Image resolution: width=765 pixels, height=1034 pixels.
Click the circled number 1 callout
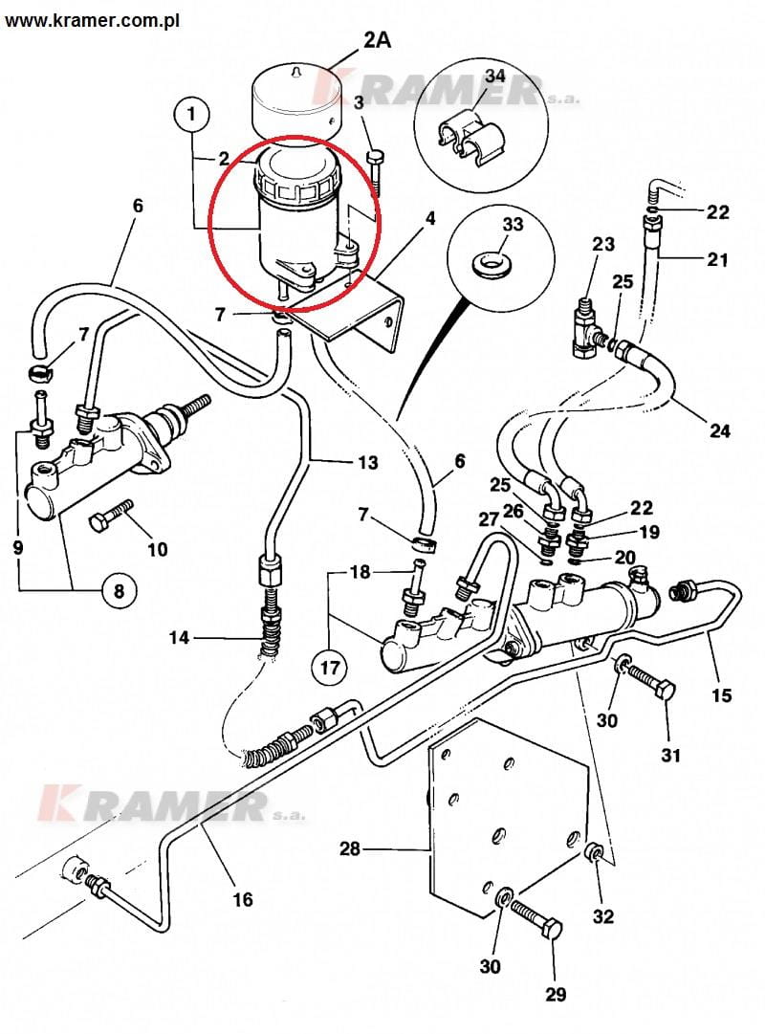coord(191,116)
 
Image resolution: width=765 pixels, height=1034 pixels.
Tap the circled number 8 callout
coord(119,591)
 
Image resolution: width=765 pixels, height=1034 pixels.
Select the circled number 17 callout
coord(329,667)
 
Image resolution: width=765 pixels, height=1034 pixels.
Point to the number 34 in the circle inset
coord(494,101)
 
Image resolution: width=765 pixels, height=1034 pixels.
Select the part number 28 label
coord(350,847)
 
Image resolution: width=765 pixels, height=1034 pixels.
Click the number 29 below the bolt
coord(556,995)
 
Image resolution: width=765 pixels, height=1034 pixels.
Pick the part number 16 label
coord(243,899)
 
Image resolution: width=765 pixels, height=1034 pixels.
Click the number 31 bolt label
coord(670,755)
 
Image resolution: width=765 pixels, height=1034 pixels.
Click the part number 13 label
coord(367,463)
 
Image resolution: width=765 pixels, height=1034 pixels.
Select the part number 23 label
coord(602,244)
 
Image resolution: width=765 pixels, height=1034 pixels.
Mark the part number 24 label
coord(720,430)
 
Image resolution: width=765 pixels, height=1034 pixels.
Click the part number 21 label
coord(718,259)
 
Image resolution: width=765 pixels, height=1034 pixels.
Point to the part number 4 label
coord(430,219)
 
